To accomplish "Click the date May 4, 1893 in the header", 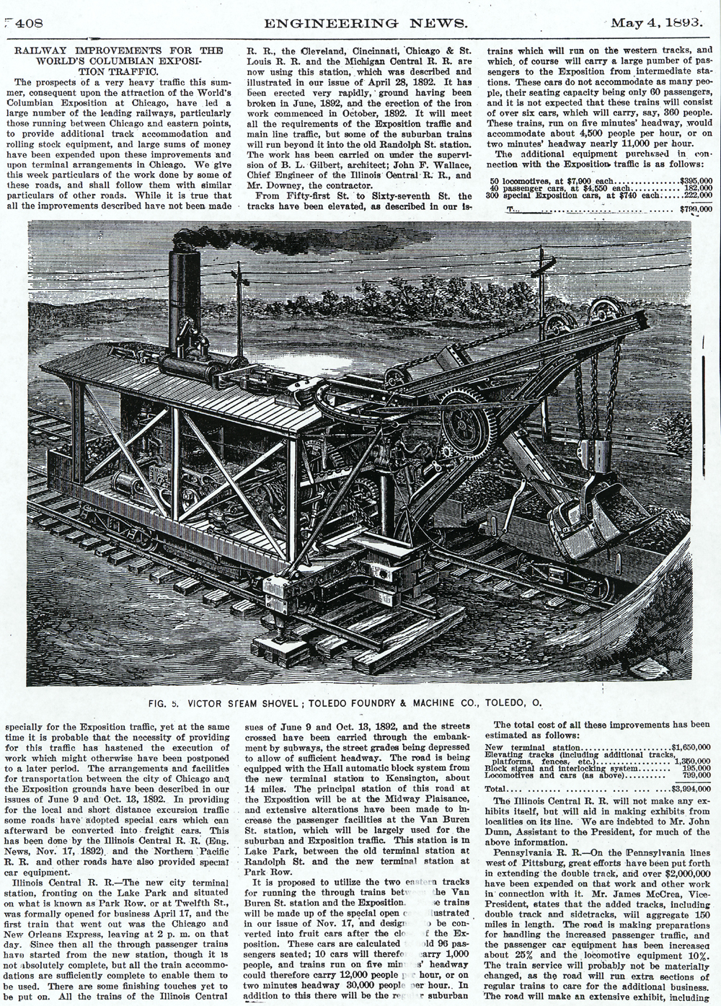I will coord(655,22).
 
